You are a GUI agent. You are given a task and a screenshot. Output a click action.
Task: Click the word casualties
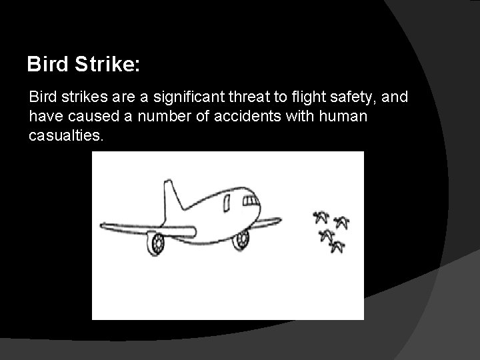pyautogui.click(x=67, y=136)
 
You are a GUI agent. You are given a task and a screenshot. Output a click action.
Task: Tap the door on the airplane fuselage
pyautogui.click(x=230, y=201)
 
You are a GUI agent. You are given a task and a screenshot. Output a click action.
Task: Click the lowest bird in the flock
pyautogui.click(x=338, y=247)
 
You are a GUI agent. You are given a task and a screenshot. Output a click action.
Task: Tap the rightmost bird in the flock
pyautogui.click(x=343, y=222)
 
